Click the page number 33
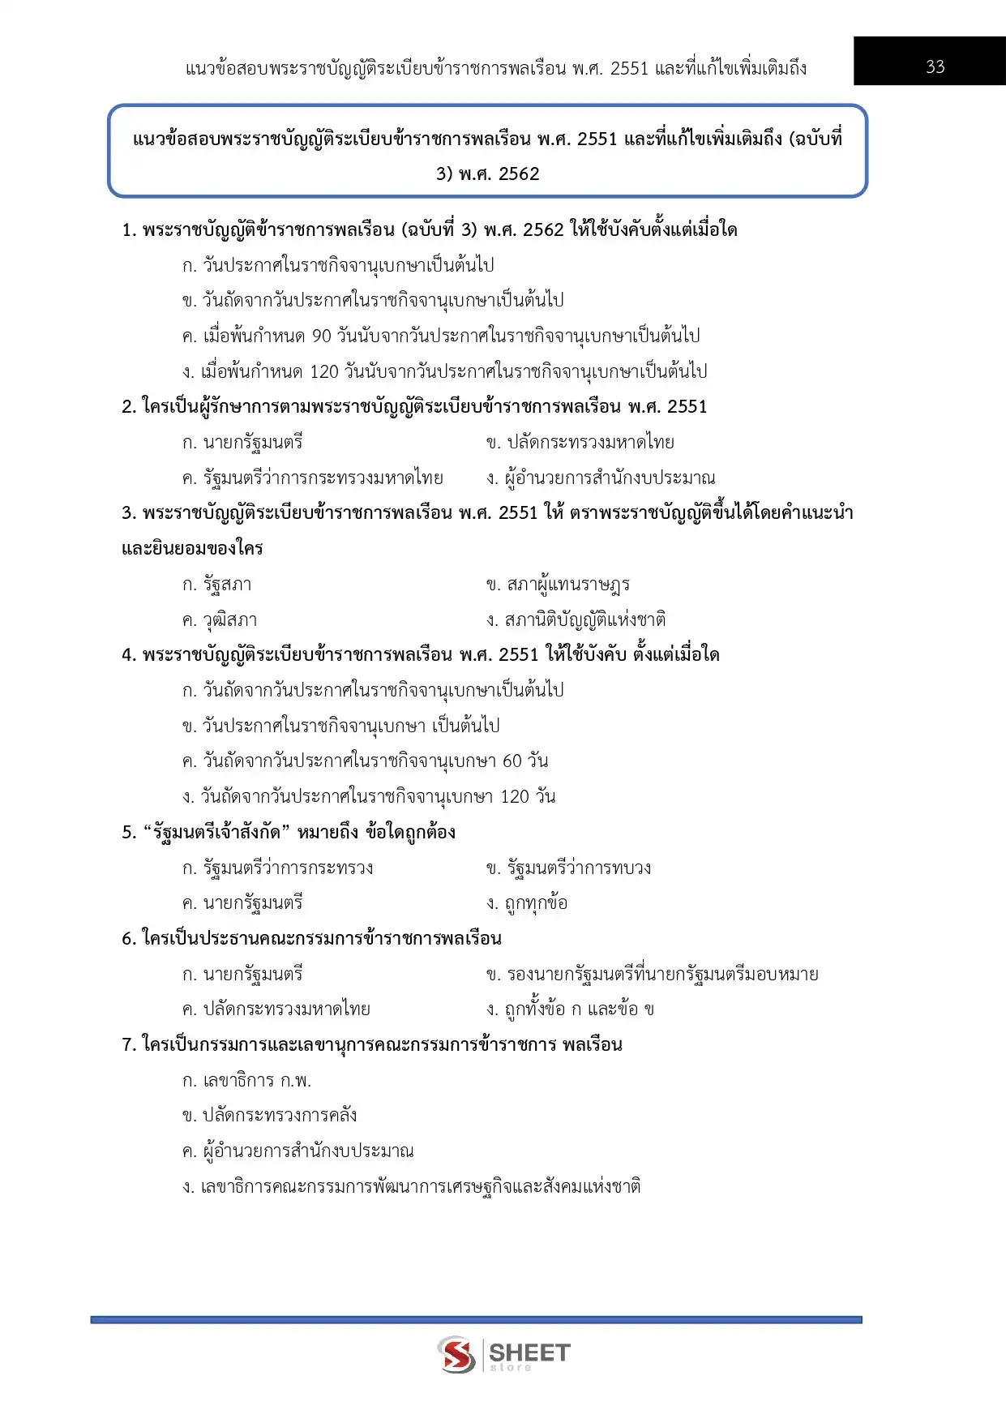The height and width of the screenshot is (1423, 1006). pyautogui.click(x=935, y=66)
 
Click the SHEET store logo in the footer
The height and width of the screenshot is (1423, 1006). pyautogui.click(x=503, y=1355)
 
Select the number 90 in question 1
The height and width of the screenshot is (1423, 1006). pyautogui.click(x=322, y=336)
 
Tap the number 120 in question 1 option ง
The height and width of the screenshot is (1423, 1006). pyautogui.click(x=324, y=371)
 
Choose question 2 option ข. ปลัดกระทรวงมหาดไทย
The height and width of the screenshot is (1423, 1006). pyautogui.click(x=580, y=443)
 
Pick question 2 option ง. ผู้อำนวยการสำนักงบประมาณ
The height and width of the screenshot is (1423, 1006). pyautogui.click(x=601, y=478)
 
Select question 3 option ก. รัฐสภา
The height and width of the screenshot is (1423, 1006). pyautogui.click(x=217, y=585)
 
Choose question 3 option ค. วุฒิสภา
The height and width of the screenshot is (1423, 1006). pyautogui.click(x=220, y=620)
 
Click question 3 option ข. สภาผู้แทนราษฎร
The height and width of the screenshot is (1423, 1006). pyautogui.click(x=558, y=585)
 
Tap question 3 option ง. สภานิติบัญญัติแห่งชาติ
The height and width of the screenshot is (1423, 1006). pyautogui.click(x=576, y=620)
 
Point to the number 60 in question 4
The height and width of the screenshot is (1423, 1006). pyautogui.click(x=512, y=761)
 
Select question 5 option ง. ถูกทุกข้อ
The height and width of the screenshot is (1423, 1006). pyautogui.click(x=527, y=903)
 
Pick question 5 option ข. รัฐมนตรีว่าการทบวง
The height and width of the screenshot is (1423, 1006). pyautogui.click(x=568, y=868)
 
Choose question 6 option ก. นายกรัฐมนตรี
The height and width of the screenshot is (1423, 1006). pyautogui.click(x=242, y=974)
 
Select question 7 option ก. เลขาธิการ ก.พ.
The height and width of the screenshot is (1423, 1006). pyautogui.click(x=247, y=1081)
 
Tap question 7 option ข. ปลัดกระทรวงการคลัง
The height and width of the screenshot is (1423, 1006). pyautogui.click(x=270, y=1116)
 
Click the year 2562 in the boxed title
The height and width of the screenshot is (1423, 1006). pyautogui.click(x=519, y=174)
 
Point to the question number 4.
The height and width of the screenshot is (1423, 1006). pyautogui.click(x=127, y=655)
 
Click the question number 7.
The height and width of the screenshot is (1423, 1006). pyautogui.click(x=127, y=1045)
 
